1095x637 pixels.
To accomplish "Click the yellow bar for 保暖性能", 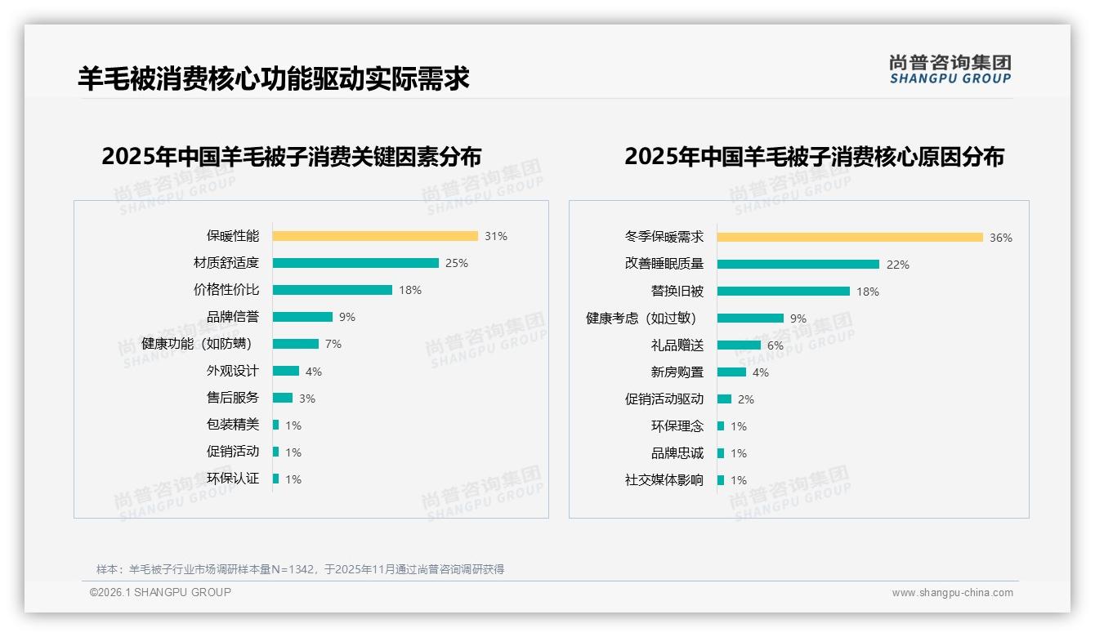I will [x=375, y=236].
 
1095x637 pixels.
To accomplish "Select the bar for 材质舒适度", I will [x=355, y=263].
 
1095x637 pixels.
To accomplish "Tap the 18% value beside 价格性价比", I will [x=410, y=290].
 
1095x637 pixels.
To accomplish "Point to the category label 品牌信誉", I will [x=233, y=317].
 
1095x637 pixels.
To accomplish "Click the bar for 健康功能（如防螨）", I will [x=296, y=344].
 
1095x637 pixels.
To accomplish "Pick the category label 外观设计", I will [x=233, y=371].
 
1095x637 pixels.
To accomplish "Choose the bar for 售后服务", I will [x=283, y=398].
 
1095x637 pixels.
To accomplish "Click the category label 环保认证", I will [x=233, y=479].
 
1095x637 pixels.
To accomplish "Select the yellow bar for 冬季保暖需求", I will [x=850, y=238].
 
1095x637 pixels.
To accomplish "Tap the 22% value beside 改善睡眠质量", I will [x=898, y=265].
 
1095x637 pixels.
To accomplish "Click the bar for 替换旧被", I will [x=784, y=292].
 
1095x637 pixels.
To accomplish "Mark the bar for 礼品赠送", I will [x=739, y=345].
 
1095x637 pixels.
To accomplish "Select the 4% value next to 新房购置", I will [x=761, y=372].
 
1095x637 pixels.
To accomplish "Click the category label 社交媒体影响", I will [x=664, y=480].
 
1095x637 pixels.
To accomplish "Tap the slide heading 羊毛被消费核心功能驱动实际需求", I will [x=274, y=79].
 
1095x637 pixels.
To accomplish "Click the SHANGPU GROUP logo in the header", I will [x=950, y=69].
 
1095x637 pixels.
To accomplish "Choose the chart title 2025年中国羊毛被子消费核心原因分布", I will [x=814, y=156].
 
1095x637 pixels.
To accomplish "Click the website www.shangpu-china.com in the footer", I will [x=952, y=593].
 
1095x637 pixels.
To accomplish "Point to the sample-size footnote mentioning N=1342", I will [x=300, y=569].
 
